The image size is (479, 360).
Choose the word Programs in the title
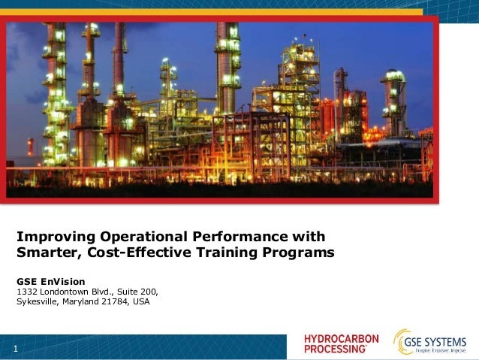297,252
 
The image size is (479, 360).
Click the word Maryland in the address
81,302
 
